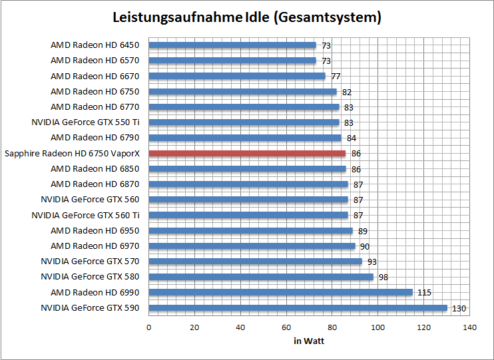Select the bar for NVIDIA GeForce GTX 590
[298, 307]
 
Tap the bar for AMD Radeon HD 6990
[280, 292]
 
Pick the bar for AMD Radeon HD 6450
[232, 45]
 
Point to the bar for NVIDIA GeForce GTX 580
[261, 277]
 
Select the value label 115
[424, 292]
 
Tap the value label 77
[336, 76]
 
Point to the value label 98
[383, 277]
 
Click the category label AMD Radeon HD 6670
[95, 76]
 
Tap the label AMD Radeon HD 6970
[95, 246]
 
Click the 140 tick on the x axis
[470, 327]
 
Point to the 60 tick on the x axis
[286, 327]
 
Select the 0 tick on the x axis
[148, 327]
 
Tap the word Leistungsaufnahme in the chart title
[174, 17]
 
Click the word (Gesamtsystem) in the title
[327, 17]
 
